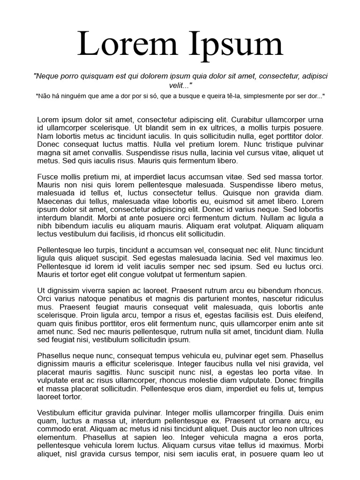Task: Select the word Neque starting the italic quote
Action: (x=47, y=75)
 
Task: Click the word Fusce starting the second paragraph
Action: (x=47, y=177)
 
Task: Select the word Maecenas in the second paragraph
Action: (x=54, y=202)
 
